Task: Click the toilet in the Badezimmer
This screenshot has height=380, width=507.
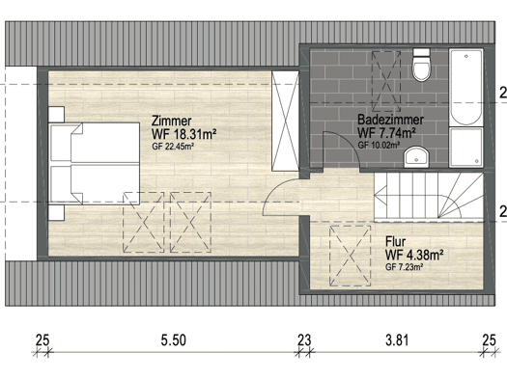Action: (x=421, y=65)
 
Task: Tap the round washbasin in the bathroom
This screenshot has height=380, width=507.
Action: (x=416, y=157)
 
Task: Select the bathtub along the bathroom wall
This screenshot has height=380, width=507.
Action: (x=465, y=87)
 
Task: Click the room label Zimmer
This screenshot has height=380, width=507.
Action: (x=172, y=122)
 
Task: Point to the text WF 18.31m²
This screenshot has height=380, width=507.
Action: (x=184, y=134)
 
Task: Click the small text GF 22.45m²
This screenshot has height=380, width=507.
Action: (x=173, y=147)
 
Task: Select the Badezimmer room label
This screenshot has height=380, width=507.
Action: (x=390, y=120)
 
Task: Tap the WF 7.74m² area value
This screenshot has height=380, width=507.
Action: (x=386, y=132)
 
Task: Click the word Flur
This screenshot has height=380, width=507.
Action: (x=395, y=241)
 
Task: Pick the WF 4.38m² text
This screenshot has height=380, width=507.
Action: (x=414, y=255)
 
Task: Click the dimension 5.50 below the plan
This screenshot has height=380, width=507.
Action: (x=174, y=340)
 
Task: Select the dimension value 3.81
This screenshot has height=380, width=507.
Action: (x=397, y=340)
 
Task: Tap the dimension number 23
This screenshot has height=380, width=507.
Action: (x=304, y=340)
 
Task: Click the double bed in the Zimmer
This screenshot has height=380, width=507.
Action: (x=94, y=163)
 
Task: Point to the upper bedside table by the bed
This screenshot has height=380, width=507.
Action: (x=56, y=115)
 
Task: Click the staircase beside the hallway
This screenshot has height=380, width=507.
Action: (x=429, y=197)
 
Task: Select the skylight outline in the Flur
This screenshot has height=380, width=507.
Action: (x=351, y=256)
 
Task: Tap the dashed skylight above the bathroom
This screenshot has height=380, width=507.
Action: (x=386, y=81)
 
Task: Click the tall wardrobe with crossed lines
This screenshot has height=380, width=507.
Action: (x=285, y=121)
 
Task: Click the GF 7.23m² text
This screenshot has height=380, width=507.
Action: (x=405, y=267)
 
